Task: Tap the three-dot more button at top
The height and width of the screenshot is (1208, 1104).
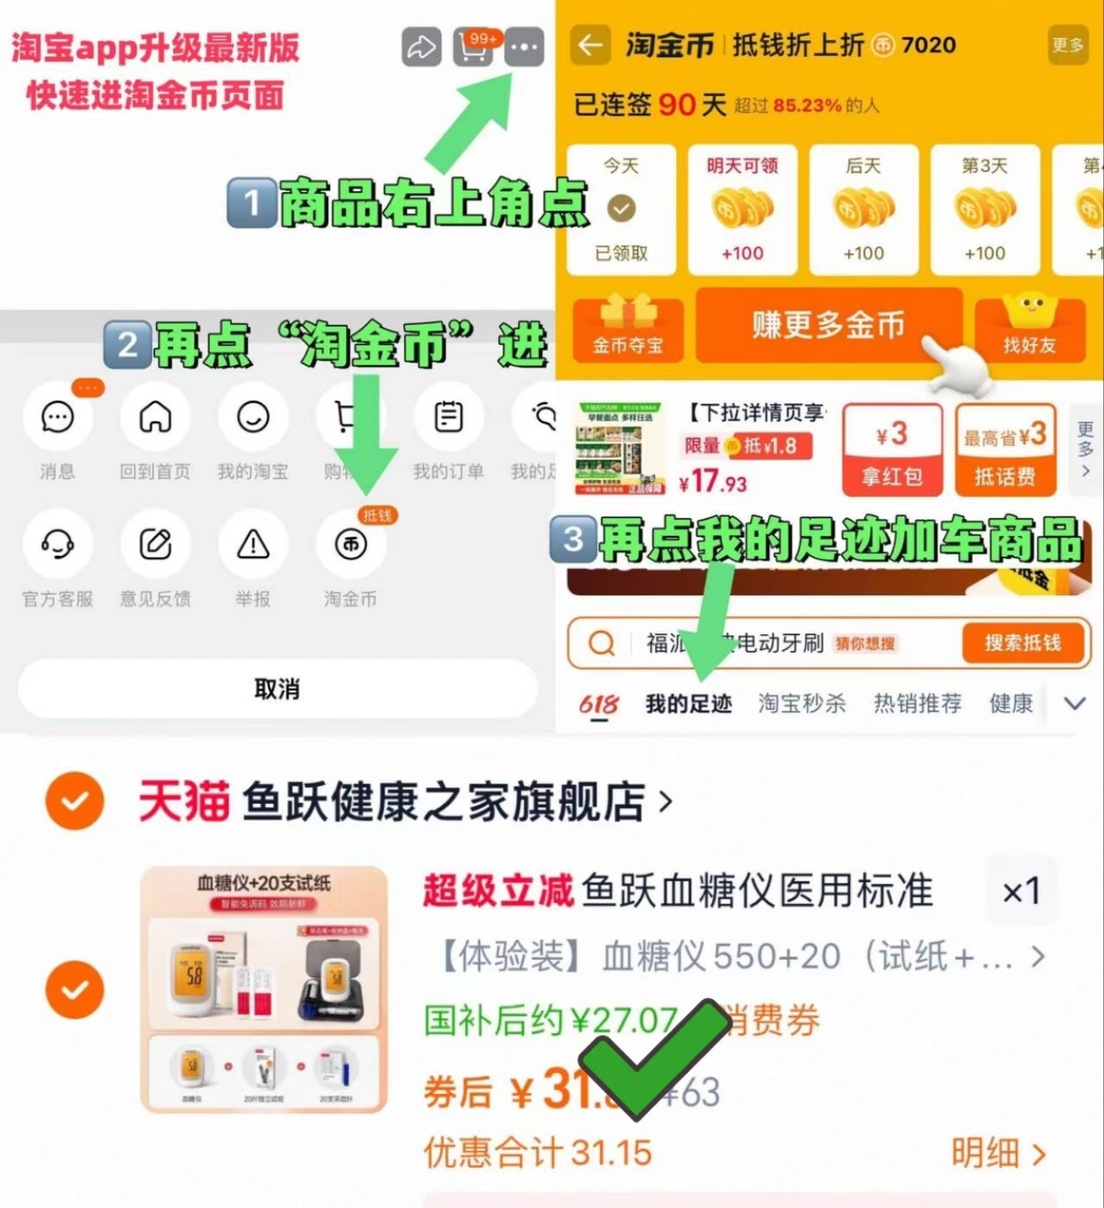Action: [524, 47]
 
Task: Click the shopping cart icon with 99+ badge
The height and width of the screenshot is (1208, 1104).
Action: [473, 48]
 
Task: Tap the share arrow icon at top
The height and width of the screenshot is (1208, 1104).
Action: [421, 47]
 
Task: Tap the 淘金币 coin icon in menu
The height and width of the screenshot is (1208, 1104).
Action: [351, 545]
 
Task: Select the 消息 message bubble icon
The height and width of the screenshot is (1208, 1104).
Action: [58, 418]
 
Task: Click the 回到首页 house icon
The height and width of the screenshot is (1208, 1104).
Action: [155, 418]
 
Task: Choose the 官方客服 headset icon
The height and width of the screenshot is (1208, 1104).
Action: [58, 545]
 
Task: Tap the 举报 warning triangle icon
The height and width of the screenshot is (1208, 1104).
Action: [253, 545]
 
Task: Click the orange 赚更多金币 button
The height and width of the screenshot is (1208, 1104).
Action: [828, 326]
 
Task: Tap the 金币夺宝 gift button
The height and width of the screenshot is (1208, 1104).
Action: [627, 329]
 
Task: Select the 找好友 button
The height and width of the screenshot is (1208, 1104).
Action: [1029, 329]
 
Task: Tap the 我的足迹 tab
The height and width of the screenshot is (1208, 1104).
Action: [689, 704]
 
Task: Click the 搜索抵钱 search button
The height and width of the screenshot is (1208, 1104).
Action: [1023, 643]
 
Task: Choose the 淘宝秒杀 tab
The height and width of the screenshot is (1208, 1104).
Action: [801, 704]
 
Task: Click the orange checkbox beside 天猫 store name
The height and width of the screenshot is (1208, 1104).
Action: [75, 800]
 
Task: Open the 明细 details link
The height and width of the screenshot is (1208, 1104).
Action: [998, 1153]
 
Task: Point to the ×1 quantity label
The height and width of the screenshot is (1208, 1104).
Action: [1021, 892]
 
